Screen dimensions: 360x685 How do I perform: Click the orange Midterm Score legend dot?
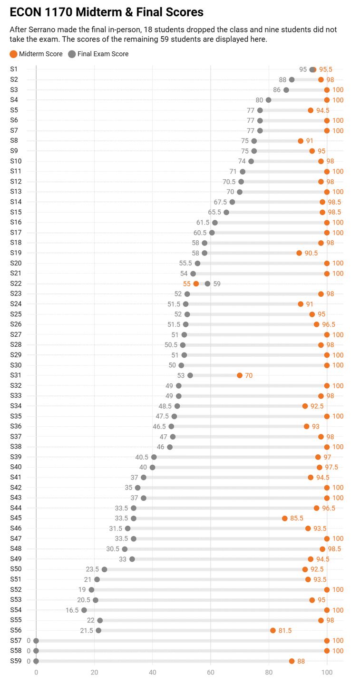click(13, 54)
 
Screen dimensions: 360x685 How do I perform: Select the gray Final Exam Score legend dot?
click(72, 54)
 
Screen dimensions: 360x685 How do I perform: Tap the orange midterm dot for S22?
click(196, 284)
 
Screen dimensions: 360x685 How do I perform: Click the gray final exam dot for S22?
click(207, 284)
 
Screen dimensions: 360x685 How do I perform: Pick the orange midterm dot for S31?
click(240, 375)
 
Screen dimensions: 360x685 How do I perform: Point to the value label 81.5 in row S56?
click(285, 631)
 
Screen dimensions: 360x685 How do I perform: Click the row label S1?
click(14, 69)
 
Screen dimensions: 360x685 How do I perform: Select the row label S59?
click(16, 661)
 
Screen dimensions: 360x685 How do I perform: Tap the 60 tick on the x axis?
click(211, 672)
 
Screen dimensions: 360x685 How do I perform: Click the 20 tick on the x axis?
click(95, 672)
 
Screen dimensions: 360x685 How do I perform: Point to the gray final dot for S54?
click(84, 610)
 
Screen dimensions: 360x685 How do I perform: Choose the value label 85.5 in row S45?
click(296, 519)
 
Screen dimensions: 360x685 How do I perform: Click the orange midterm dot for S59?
click(292, 661)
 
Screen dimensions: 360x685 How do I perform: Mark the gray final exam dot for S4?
click(269, 100)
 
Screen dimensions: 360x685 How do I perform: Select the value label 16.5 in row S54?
click(72, 610)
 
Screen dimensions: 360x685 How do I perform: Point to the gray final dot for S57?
click(36, 641)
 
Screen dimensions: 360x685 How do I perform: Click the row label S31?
click(16, 375)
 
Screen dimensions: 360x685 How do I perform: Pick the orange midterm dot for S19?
click(299, 253)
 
